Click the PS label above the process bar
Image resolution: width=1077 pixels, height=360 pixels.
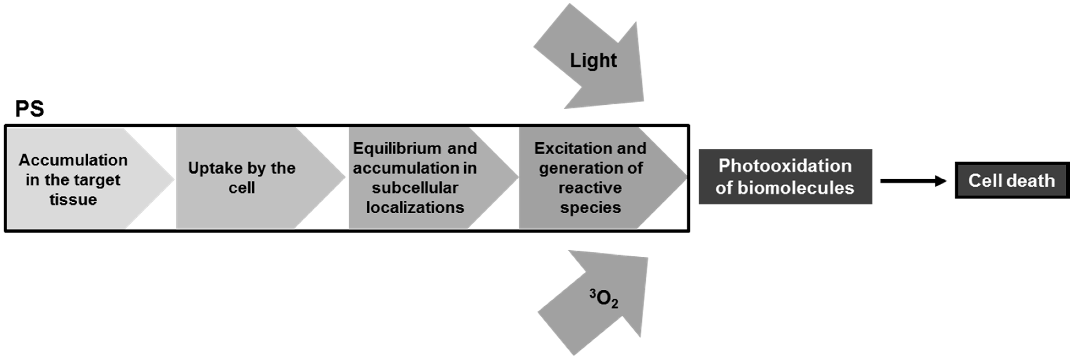(x=29, y=109)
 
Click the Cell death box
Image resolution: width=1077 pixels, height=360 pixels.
(x=1012, y=181)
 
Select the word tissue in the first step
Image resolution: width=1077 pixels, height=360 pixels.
(x=73, y=200)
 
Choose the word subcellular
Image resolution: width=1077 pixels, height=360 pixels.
(x=415, y=188)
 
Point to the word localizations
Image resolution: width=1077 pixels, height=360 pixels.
(x=415, y=208)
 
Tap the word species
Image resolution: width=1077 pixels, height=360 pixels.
(x=590, y=208)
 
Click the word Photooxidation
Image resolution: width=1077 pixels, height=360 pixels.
(x=785, y=166)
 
